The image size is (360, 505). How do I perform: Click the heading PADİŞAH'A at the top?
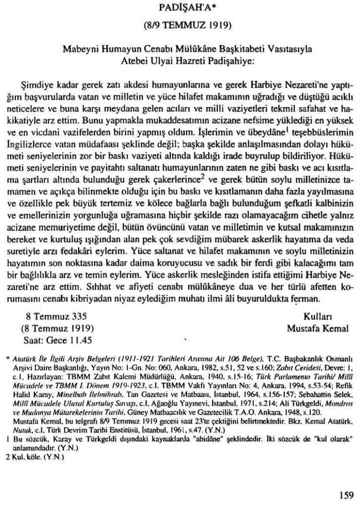point(180,8)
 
